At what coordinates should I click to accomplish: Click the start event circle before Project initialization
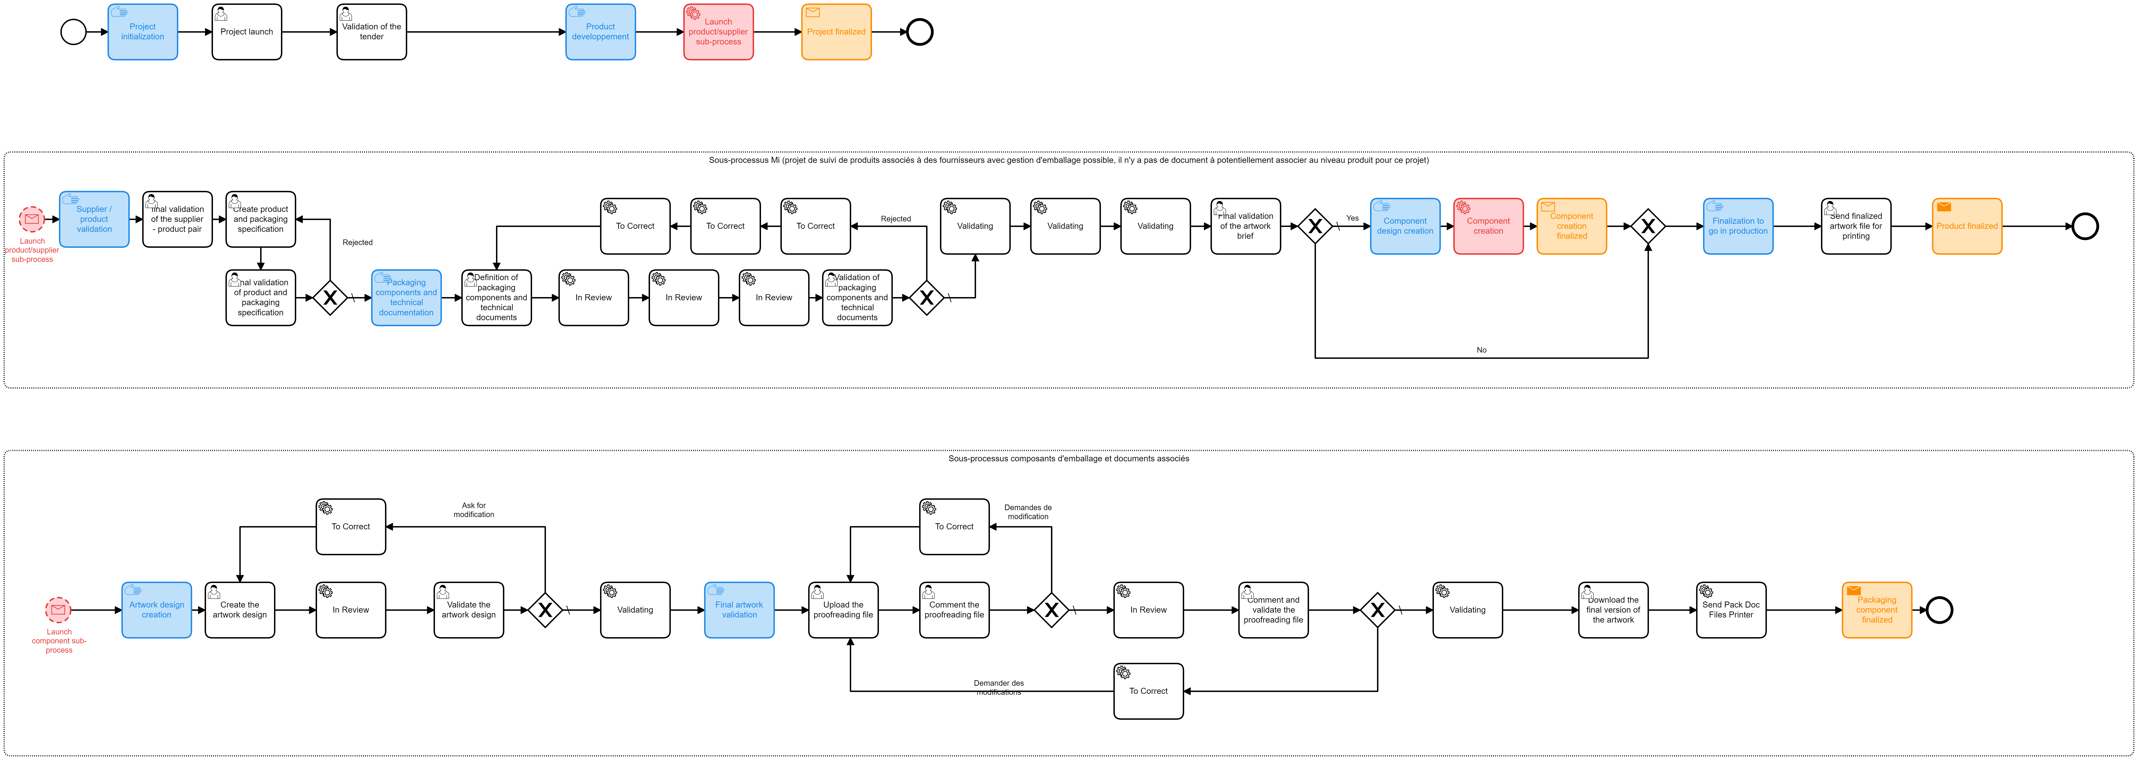[73, 32]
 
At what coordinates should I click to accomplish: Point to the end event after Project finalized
[920, 32]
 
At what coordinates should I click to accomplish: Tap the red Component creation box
[1488, 226]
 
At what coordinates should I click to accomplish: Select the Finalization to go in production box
[1738, 226]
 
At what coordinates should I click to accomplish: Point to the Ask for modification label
[474, 510]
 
